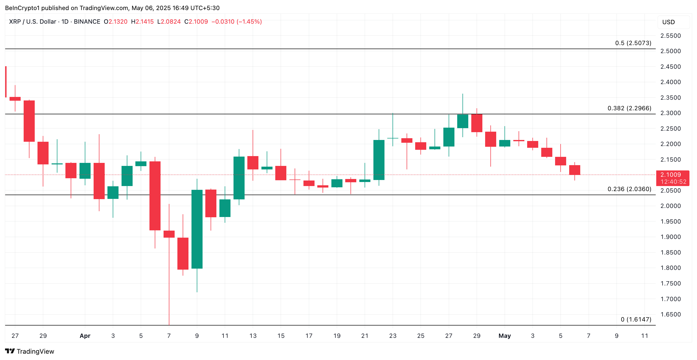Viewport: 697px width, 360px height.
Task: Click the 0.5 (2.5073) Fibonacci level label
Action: [633, 43]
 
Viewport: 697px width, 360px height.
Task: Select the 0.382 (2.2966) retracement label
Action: [629, 108]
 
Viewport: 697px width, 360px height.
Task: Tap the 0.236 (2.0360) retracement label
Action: [629, 189]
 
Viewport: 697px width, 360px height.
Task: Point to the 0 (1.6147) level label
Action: [636, 319]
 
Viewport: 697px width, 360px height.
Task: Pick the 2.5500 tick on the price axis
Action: [670, 36]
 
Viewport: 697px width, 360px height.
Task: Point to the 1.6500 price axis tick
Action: [670, 314]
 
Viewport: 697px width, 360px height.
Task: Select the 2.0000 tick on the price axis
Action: [670, 206]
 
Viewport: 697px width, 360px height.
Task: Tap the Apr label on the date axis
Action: [85, 336]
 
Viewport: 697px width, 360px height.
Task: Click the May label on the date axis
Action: [504, 336]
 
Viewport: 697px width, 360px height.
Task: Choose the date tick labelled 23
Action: [393, 336]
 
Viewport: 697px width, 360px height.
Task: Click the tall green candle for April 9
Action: [197, 229]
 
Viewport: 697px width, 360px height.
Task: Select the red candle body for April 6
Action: [155, 196]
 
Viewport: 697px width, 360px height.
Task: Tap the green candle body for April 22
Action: [379, 160]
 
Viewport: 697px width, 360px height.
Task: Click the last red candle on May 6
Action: [574, 170]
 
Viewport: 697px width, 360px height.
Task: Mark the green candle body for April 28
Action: [463, 121]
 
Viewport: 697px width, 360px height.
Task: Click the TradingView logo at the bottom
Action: [29, 351]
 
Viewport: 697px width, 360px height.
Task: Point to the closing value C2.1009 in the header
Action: [196, 22]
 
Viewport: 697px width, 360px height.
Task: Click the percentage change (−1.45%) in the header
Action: [249, 22]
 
